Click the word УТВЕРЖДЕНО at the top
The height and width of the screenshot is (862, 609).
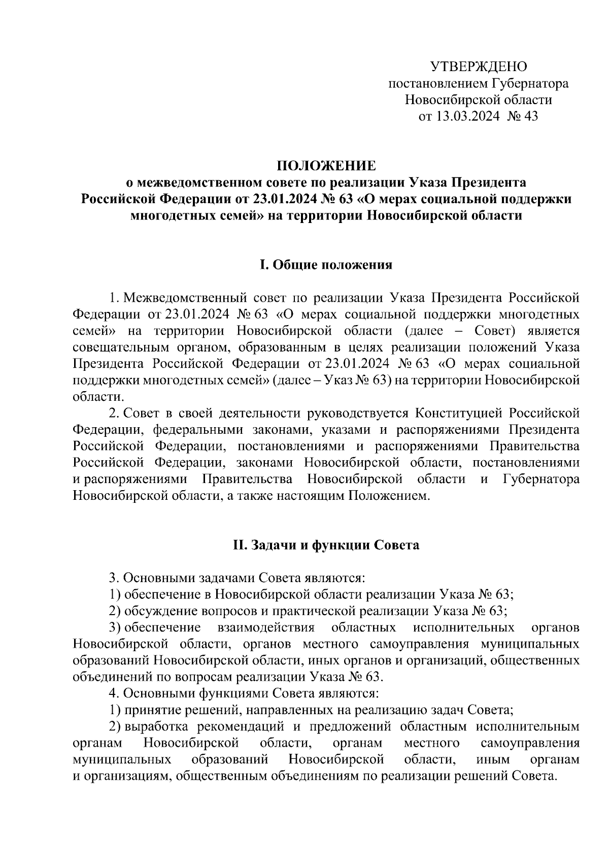479,67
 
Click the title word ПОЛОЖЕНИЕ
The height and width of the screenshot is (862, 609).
326,166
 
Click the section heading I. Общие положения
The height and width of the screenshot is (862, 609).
326,265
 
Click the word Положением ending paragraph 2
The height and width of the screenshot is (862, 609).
388,495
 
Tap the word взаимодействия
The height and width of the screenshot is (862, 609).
265,627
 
